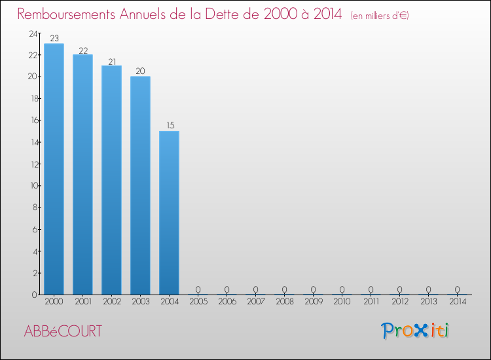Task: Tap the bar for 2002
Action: coord(111,180)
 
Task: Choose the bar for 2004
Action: coord(169,213)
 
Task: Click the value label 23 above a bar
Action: coord(54,39)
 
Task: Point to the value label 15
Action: coord(169,126)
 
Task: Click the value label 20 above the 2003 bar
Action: coord(140,71)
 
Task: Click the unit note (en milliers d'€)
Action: coord(380,16)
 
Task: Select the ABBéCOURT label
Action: coord(63,331)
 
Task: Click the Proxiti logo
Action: coord(416,331)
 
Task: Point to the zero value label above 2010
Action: coord(342,289)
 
